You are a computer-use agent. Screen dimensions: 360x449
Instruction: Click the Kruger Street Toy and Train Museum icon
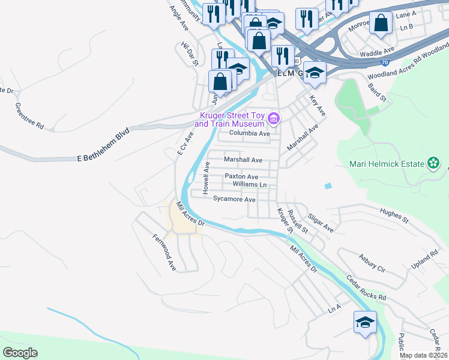[x=274, y=118]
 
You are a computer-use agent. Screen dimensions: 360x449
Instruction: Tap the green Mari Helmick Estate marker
[x=433, y=163]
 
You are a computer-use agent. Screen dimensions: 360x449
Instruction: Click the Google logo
[x=20, y=353]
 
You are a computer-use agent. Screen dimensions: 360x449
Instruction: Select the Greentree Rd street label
[x=29, y=116]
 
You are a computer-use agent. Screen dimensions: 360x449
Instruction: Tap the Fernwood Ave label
[x=163, y=253]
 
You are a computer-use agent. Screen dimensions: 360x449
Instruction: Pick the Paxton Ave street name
[x=241, y=176]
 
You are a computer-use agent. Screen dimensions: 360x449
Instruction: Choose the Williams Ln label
[x=249, y=185]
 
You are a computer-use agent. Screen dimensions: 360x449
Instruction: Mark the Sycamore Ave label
[x=235, y=199]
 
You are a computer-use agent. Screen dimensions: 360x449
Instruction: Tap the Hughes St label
[x=394, y=215]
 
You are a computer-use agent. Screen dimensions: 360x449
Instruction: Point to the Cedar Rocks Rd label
[x=366, y=288]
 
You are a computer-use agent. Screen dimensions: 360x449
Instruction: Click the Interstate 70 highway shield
[x=384, y=61]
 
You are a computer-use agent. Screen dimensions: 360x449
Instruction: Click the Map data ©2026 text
[x=424, y=355]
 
